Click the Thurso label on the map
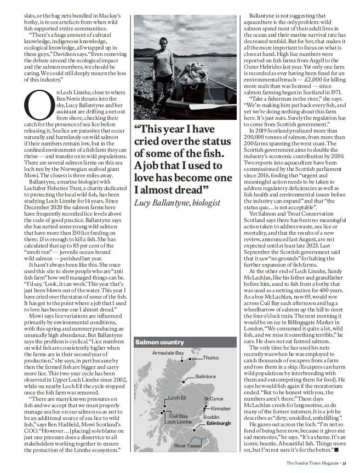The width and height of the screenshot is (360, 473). [x=210, y=357]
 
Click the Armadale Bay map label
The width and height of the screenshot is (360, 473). [x=168, y=353]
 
